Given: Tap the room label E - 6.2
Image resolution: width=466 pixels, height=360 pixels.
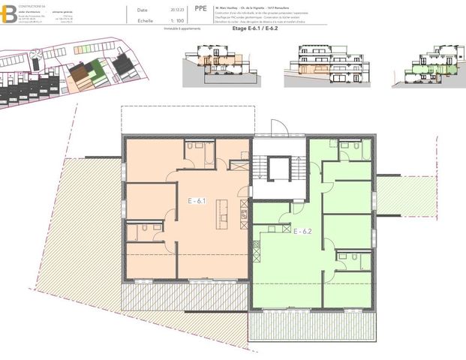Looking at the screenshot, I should pos(302,231).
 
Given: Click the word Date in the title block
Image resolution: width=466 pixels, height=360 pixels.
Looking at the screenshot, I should pos(143,10).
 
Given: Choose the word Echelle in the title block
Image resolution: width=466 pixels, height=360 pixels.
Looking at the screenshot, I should pos(146,21).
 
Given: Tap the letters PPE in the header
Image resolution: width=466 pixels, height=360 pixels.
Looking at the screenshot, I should pos(200,10).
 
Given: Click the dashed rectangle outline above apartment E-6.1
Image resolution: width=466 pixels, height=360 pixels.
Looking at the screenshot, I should pos(188,120).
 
